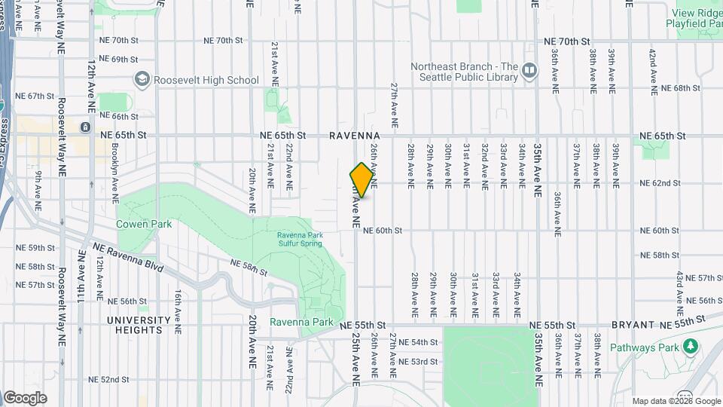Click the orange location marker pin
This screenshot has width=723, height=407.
click(x=362, y=180)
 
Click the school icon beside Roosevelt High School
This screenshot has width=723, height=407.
click(x=140, y=79)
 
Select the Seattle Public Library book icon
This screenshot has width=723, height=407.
click(x=529, y=72)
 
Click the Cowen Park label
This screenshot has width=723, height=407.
click(x=144, y=224)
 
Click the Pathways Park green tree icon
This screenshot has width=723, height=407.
click(x=691, y=347)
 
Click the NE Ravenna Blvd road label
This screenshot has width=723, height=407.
click(x=127, y=252)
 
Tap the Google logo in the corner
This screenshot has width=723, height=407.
click(x=25, y=398)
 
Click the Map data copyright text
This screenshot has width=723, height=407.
click(x=676, y=401)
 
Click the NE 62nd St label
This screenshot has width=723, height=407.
click(x=660, y=183)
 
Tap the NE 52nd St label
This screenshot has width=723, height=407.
click(x=109, y=379)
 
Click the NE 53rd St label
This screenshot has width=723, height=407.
click(x=418, y=362)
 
